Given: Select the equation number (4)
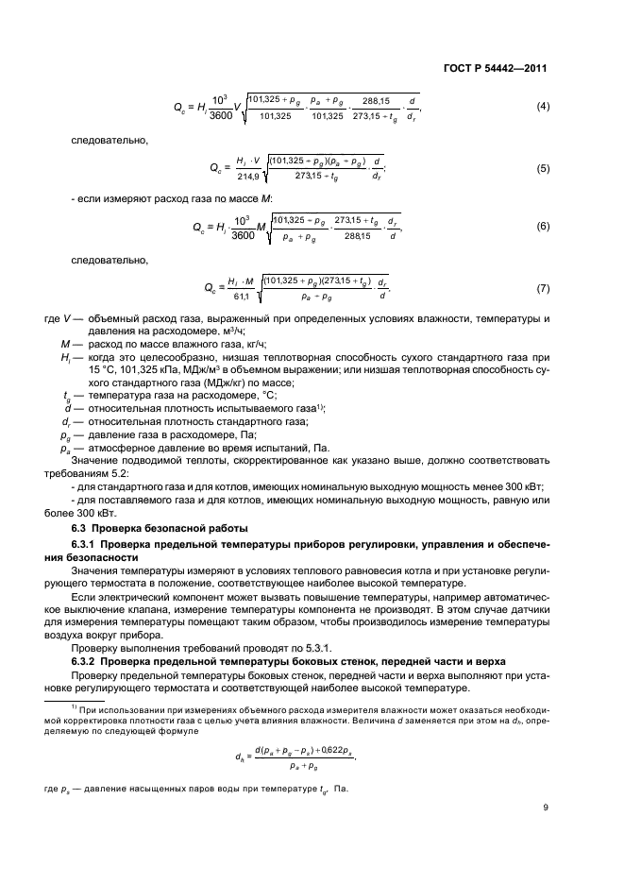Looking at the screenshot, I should click(x=543, y=106).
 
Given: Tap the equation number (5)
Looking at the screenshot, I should click(x=543, y=168).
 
